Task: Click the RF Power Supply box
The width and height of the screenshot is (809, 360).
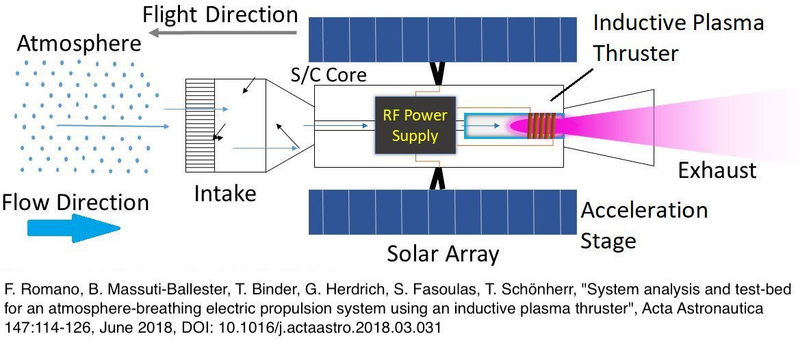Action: pos(416,125)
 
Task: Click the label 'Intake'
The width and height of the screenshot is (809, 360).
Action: pos(225,194)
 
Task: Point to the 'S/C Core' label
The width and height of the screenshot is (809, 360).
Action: pos(329,75)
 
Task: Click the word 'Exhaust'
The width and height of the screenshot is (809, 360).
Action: pos(717,170)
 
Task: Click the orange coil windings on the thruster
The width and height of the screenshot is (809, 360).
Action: pos(541,125)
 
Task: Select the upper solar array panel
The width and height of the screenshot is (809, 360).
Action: pos(443,39)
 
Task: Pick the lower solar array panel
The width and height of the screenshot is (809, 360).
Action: pos(443,211)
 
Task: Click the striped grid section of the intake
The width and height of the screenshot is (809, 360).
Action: pos(200,125)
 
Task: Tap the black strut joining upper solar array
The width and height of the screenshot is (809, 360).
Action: pos(438,73)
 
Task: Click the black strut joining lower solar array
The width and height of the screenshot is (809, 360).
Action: pos(438,178)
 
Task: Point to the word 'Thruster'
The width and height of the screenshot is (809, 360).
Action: pos(636,53)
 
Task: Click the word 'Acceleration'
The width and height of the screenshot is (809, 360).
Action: pos(645,210)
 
